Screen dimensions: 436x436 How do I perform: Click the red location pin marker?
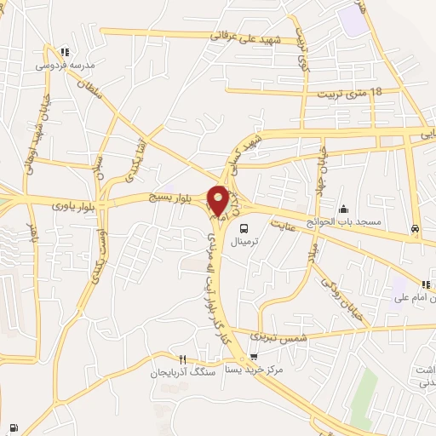pyautogui.click(x=218, y=198)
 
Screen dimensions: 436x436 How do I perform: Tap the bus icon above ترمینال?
pyautogui.click(x=244, y=228)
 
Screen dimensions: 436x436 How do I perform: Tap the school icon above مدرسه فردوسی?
pyautogui.click(x=66, y=52)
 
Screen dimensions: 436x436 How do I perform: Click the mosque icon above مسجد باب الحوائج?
pyautogui.click(x=343, y=209)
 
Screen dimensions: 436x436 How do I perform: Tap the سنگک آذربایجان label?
pyautogui.click(x=180, y=372)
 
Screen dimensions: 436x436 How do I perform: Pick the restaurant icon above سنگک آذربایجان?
pyautogui.click(x=181, y=359)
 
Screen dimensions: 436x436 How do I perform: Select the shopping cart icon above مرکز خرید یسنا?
pyautogui.click(x=254, y=359)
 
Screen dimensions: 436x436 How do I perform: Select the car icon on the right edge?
pyautogui.click(x=415, y=228)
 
